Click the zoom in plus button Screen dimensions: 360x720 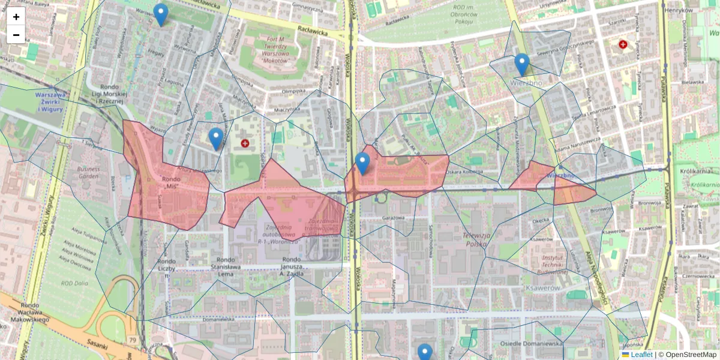[16, 17]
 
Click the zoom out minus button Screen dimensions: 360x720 [16, 35]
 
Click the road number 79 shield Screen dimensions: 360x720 [131, 340]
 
